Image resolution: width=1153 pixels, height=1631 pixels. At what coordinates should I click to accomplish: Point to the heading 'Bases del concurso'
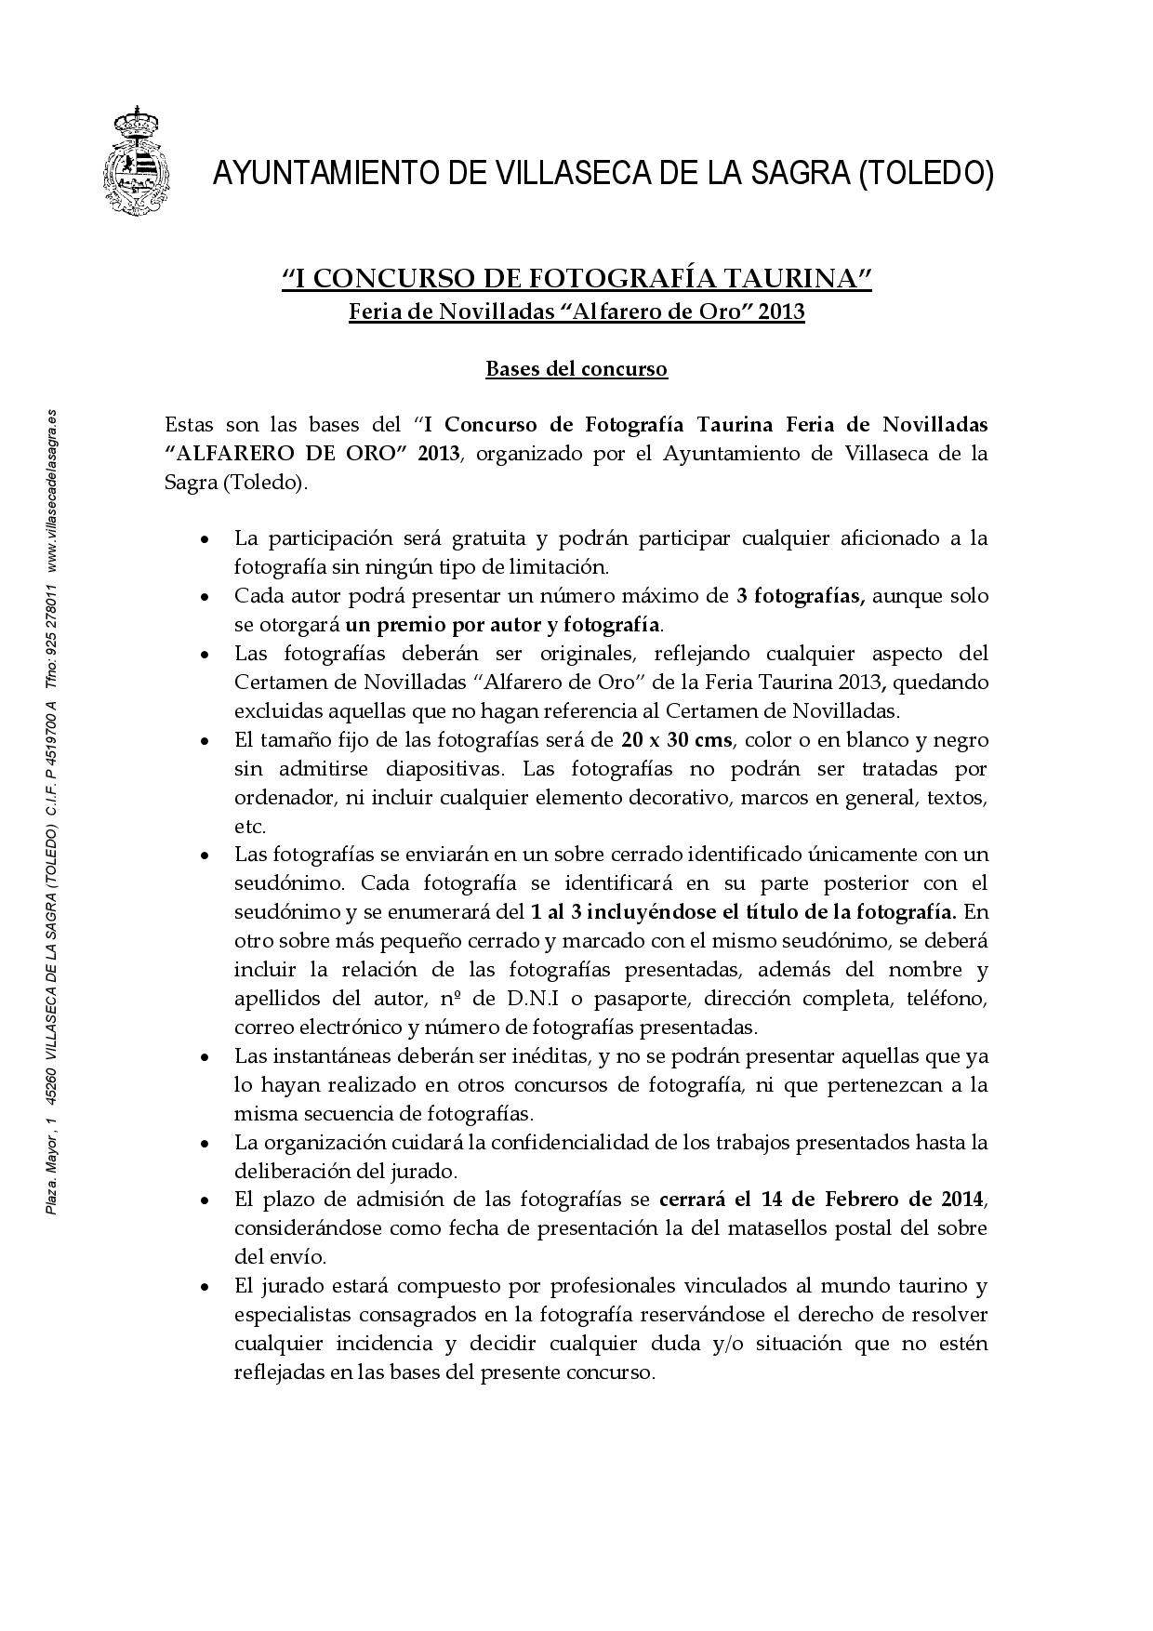tap(576, 369)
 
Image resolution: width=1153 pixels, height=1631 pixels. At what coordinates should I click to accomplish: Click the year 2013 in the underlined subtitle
tap(781, 312)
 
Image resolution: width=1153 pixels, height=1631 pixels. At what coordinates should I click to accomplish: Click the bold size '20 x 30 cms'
tap(676, 740)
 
